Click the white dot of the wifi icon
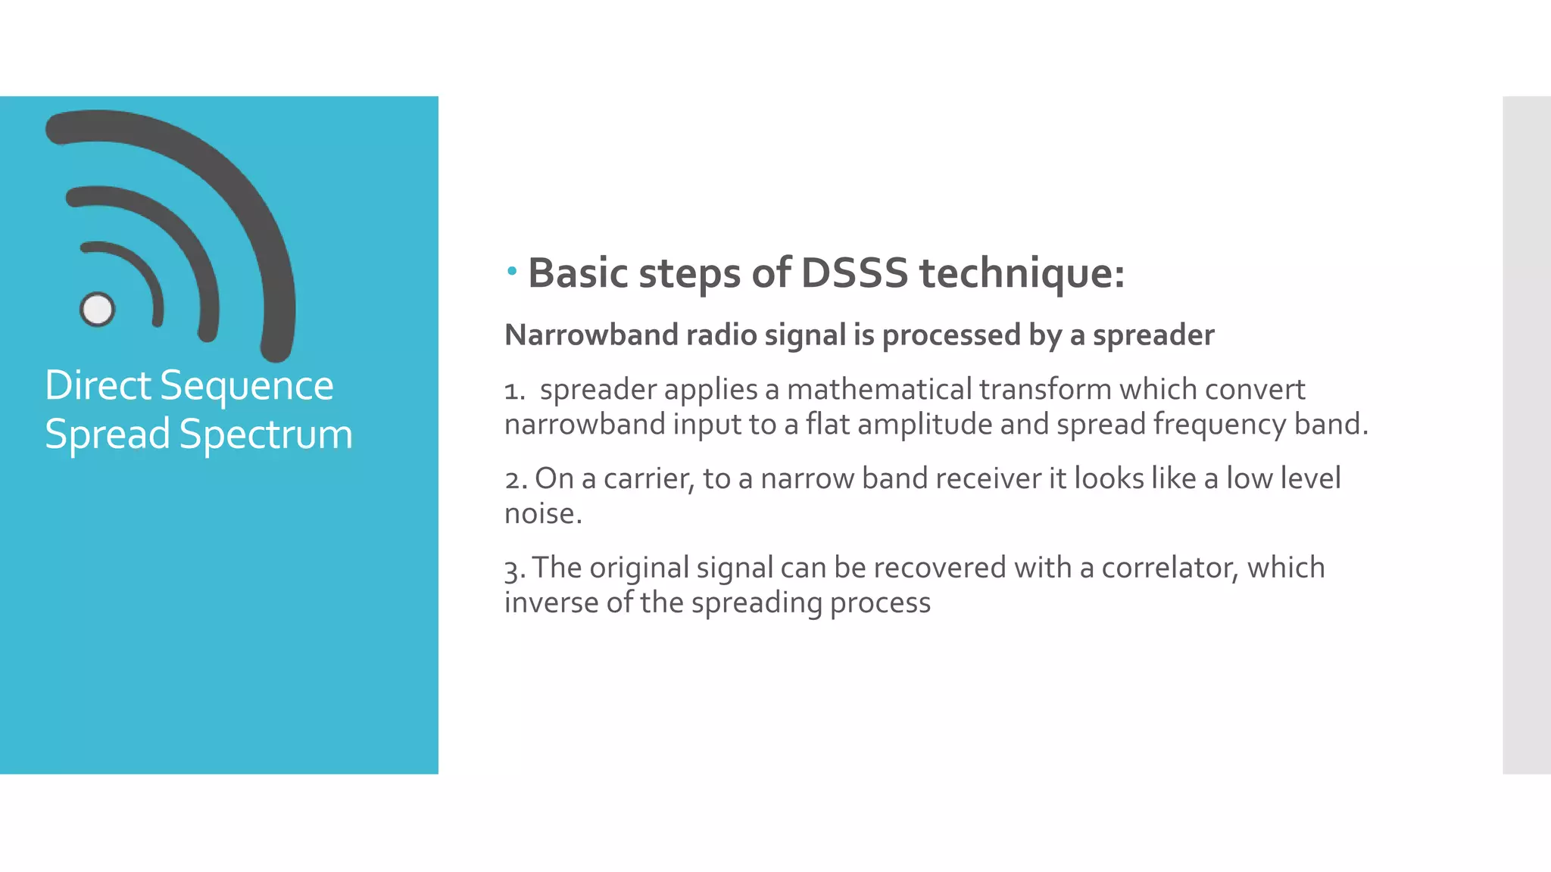[x=97, y=309]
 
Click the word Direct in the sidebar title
[x=98, y=385]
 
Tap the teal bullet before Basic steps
[x=512, y=270]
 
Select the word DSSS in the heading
[x=854, y=273]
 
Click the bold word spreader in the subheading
[x=1153, y=335]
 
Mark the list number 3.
[x=514, y=569]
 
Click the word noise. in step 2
[x=543, y=514]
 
